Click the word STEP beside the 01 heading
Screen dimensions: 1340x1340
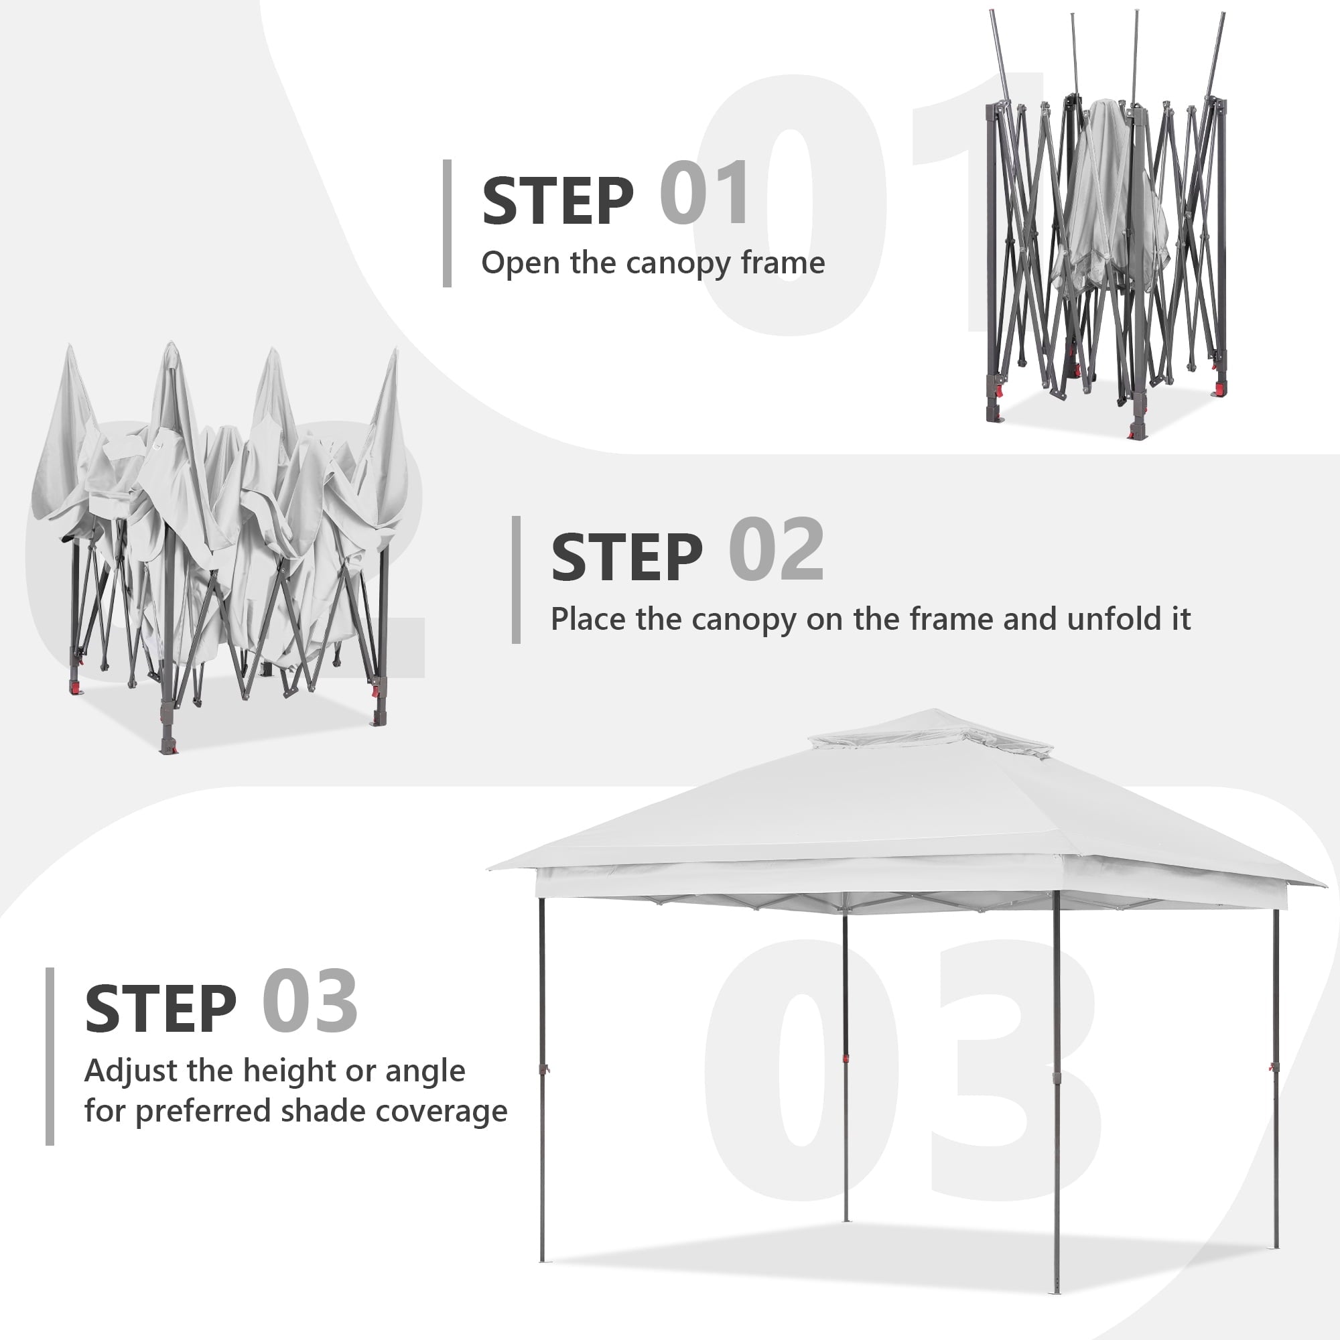[x=557, y=201]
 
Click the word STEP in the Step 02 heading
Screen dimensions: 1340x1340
[x=627, y=557]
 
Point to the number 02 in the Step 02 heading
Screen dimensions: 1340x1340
[x=776, y=551]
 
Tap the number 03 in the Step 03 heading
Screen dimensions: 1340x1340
[x=310, y=1002]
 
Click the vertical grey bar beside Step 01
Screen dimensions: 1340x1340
[x=448, y=223]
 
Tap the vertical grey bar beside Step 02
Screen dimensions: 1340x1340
[x=516, y=580]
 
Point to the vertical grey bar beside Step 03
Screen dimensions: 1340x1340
[x=50, y=1057]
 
